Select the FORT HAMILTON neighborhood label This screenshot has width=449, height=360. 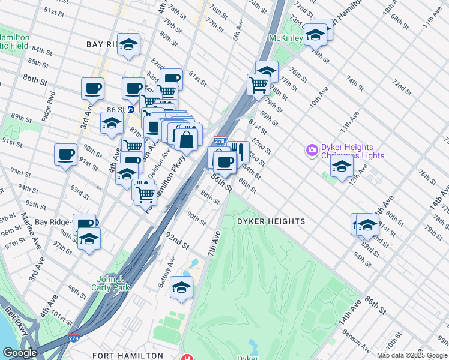128,356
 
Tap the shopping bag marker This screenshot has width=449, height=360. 187,140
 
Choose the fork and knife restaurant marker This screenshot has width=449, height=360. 238,151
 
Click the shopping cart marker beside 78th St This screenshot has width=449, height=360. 258,85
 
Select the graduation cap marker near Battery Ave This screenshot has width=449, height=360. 181,287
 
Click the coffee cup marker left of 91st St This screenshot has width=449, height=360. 65,154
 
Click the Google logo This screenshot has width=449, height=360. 20,353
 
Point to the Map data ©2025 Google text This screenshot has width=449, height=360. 412,355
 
